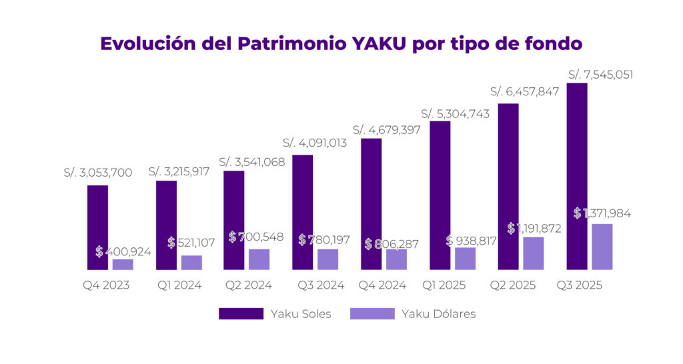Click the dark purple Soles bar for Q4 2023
pos(97,227)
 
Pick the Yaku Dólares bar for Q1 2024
pos(191,263)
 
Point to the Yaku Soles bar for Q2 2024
pos(234,220)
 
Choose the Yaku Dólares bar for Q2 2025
pos(533,253)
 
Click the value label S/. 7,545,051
pos(600,74)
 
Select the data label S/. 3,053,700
pos(98,173)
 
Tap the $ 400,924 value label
pos(123,252)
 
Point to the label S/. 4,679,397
pos(386,129)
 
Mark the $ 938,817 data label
pos(471,241)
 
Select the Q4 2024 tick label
pos(384,285)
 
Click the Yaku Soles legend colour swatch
pos(241,314)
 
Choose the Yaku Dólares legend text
pos(438,314)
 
